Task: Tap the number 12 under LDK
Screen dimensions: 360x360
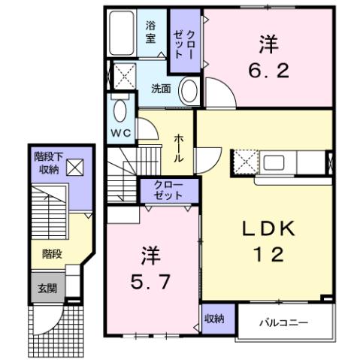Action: coord(266,255)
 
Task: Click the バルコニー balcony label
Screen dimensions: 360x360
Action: coord(284,323)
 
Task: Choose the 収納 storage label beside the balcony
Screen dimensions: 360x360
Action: coord(213,319)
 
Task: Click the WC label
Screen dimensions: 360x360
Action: coord(121,132)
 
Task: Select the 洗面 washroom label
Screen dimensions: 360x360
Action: coord(161,88)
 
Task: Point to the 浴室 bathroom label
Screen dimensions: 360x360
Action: coord(150,31)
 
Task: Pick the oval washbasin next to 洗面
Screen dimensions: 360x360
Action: coord(191,91)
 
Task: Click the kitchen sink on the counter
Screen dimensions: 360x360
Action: coord(273,162)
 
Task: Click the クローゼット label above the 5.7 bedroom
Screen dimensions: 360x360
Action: coord(167,190)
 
